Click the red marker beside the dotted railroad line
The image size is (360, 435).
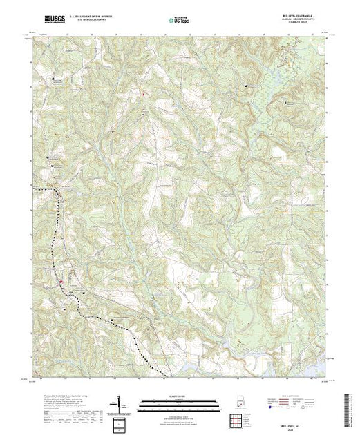(61, 281)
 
